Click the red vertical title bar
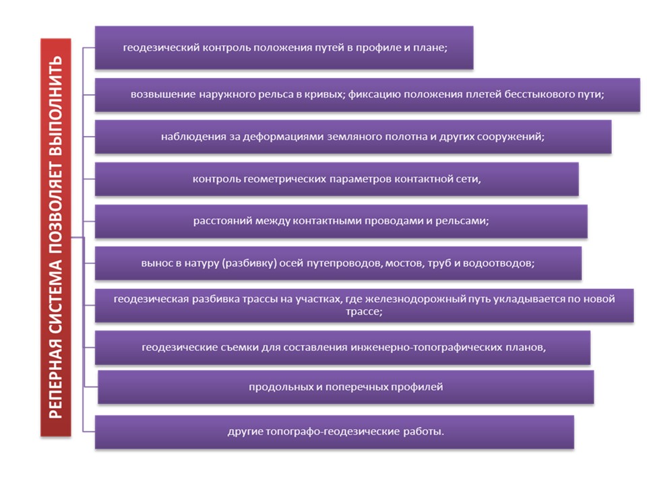[56, 237]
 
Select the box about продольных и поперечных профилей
[346, 387]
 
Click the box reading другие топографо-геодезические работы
[334, 432]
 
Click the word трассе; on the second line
[364, 311]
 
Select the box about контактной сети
[337, 179]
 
